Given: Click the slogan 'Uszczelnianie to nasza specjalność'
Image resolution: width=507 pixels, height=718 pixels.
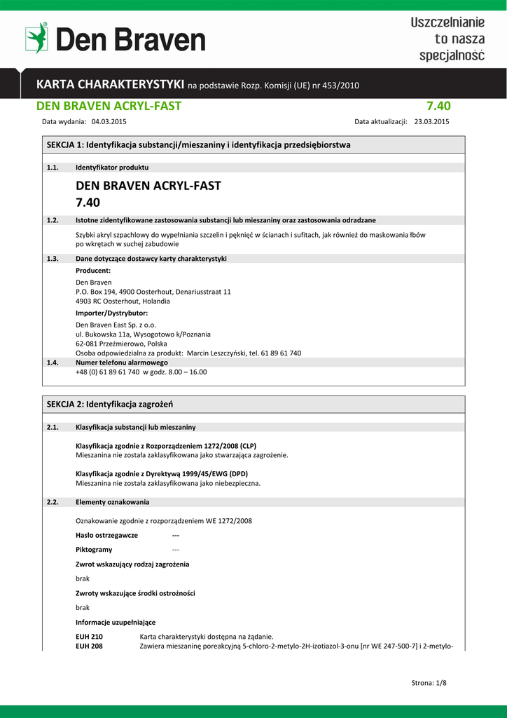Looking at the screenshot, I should point(447,39).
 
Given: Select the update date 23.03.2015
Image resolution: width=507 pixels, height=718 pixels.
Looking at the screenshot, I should point(432,121).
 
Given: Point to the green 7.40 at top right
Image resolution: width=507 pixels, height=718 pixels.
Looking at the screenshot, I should point(438,106).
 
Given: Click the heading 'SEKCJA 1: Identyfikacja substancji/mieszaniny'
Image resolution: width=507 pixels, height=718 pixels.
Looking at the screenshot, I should point(198,144).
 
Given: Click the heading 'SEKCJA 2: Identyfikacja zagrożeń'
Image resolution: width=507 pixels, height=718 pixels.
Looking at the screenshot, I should point(110,405).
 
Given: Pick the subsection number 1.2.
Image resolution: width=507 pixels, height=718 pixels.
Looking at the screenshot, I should point(53,220).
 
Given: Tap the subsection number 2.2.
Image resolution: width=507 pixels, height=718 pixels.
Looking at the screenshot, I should point(53,502).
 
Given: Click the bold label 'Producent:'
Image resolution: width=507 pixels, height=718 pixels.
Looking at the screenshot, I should point(93,270).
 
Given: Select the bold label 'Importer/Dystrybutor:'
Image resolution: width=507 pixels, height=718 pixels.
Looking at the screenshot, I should point(111,313).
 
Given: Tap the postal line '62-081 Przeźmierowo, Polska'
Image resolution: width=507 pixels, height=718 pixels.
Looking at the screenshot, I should point(121,344).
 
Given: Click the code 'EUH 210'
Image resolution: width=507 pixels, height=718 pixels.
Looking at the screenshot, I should point(89,637).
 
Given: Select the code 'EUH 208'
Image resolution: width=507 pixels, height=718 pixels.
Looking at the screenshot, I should point(89,646).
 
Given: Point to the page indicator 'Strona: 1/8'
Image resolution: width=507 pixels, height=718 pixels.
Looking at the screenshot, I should point(428,682).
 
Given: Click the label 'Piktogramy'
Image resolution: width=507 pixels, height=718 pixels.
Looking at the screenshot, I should point(94,550).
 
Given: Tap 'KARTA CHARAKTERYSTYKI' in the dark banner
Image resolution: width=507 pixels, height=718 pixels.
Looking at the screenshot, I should point(110,85).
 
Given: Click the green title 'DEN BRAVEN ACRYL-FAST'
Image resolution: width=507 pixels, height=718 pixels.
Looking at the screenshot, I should point(109,106).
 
